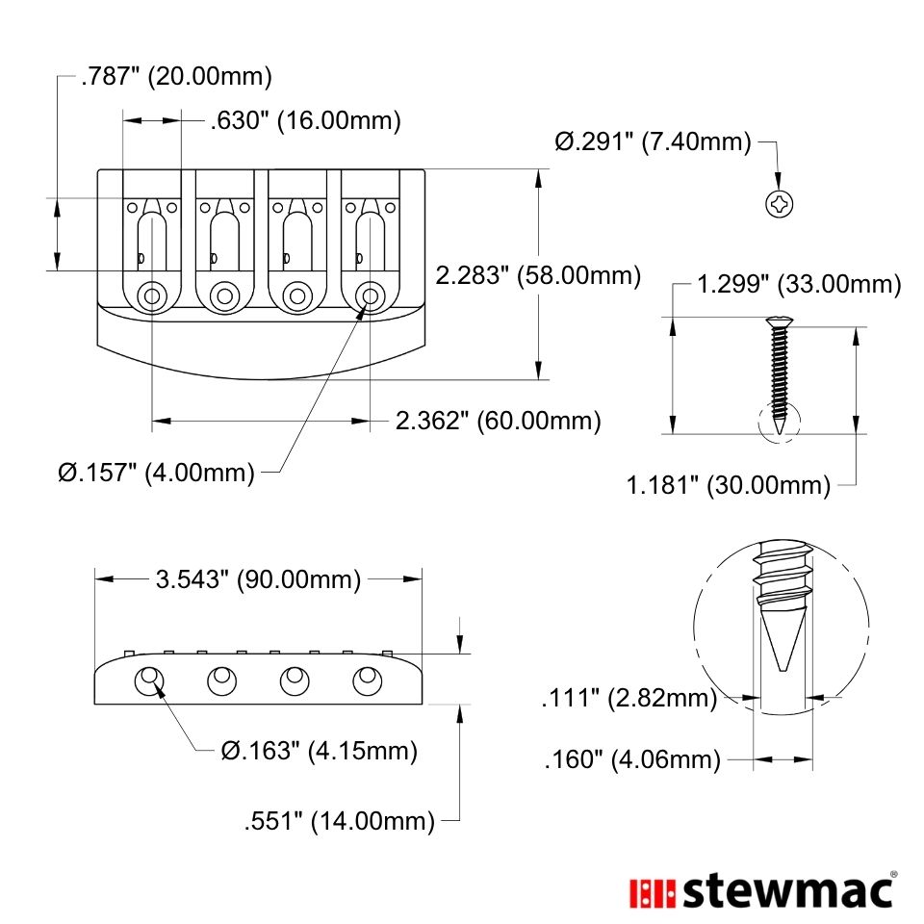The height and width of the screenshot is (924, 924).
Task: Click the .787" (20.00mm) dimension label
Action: [x=177, y=77]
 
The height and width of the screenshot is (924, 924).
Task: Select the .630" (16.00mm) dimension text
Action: [x=306, y=121]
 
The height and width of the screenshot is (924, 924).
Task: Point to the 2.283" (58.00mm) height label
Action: [x=538, y=275]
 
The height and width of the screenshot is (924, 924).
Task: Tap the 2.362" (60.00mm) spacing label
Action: [x=498, y=421]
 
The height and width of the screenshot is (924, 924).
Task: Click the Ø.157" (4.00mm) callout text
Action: [x=156, y=472]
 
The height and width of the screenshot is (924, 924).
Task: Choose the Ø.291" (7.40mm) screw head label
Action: [x=653, y=141]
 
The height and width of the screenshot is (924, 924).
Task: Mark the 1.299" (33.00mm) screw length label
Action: [x=799, y=284]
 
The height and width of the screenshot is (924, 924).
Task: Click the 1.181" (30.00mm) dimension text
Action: [x=729, y=485]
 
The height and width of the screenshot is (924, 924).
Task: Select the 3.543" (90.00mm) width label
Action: [x=258, y=579]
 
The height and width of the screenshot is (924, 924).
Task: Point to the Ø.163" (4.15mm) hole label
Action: [x=320, y=751]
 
